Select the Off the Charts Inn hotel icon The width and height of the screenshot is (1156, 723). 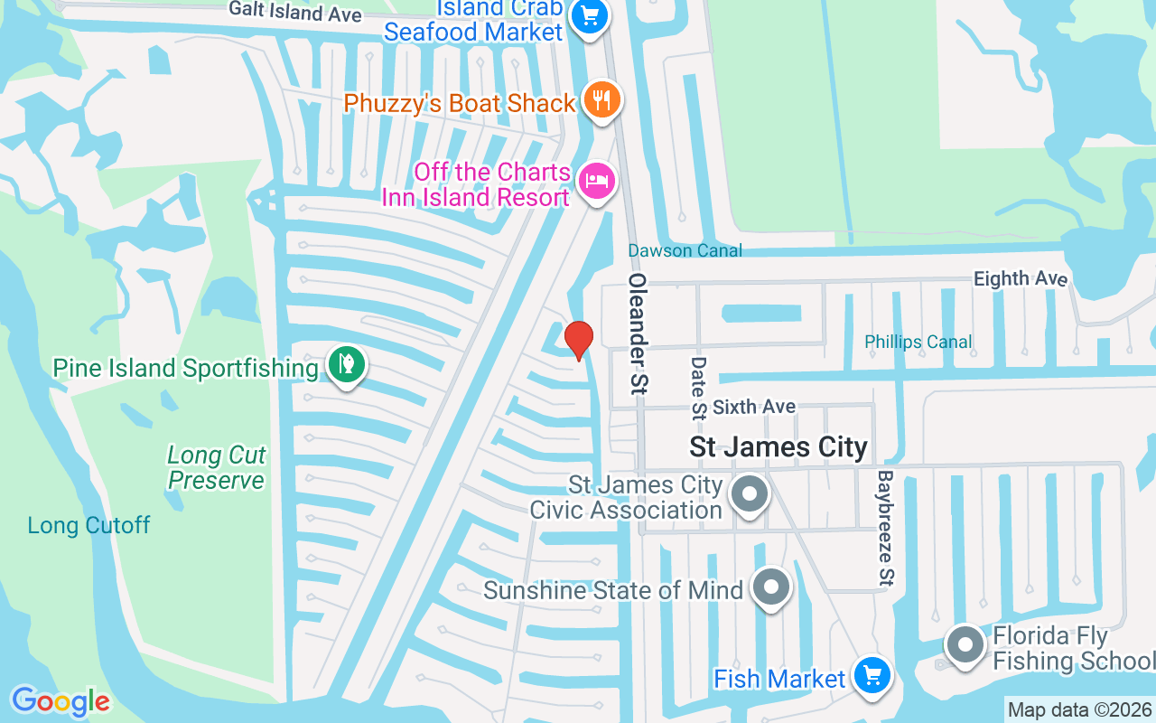click(597, 180)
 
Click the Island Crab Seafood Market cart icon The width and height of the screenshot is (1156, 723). click(591, 15)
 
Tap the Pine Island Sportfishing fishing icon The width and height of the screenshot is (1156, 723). click(347, 365)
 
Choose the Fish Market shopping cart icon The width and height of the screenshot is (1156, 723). click(872, 674)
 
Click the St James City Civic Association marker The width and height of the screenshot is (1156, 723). click(749, 494)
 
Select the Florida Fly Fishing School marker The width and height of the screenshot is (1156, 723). click(965, 645)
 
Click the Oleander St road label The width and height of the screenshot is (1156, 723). click(639, 333)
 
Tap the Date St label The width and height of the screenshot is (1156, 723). click(698, 388)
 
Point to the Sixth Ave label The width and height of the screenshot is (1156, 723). click(754, 408)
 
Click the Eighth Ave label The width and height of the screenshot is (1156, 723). click(1021, 278)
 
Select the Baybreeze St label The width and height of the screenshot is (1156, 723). click(886, 526)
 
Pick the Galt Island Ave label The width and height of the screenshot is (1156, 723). click(294, 12)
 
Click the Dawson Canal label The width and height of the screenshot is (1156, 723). click(685, 250)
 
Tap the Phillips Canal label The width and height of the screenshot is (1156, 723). click(918, 342)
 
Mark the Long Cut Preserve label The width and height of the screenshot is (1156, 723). click(217, 467)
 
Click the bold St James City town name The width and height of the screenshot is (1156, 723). click(778, 446)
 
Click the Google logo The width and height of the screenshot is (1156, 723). click(61, 701)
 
